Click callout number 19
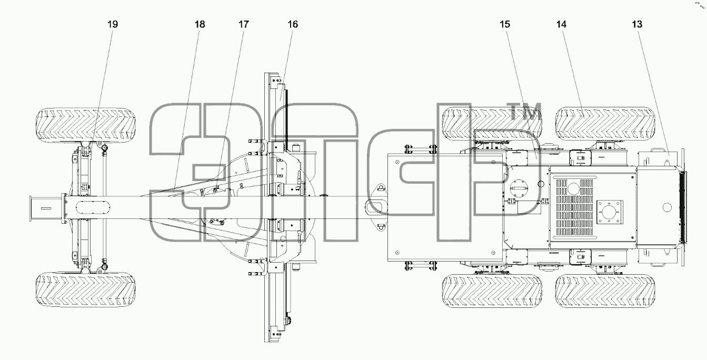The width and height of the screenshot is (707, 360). (113, 24)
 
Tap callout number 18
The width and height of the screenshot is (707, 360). (200, 24)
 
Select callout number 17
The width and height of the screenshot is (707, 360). (244, 24)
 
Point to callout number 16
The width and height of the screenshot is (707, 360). (293, 24)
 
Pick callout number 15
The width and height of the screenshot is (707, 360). (505, 24)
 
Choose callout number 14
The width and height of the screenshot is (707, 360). (562, 24)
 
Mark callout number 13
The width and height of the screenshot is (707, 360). (637, 24)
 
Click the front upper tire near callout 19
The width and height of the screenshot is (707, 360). (85, 125)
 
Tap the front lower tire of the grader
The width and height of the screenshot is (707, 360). (85, 289)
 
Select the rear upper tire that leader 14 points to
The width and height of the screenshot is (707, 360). (605, 124)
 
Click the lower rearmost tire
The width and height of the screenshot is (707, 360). (605, 291)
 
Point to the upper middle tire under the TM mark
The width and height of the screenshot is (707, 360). (492, 124)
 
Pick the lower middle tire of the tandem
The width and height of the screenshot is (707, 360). (492, 291)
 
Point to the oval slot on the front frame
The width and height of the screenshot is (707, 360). (93, 208)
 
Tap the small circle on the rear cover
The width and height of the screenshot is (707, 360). (667, 207)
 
